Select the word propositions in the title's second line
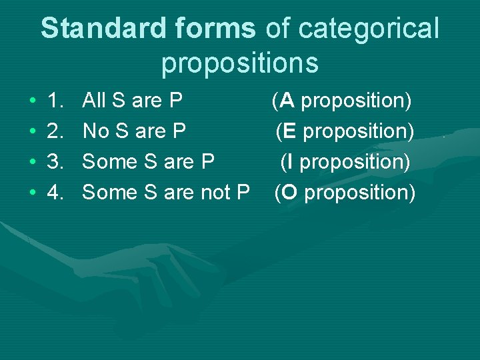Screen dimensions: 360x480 pos(240,63)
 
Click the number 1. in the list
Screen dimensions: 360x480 pos(57,101)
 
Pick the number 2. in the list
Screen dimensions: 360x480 pos(57,131)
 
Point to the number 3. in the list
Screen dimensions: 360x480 pos(57,162)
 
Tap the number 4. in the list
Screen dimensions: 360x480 pos(57,193)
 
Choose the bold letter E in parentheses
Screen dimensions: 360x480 pos(289,131)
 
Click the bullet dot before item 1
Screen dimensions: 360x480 pos(33,101)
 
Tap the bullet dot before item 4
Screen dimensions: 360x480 pos(33,193)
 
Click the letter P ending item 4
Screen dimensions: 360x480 pos(242,193)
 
